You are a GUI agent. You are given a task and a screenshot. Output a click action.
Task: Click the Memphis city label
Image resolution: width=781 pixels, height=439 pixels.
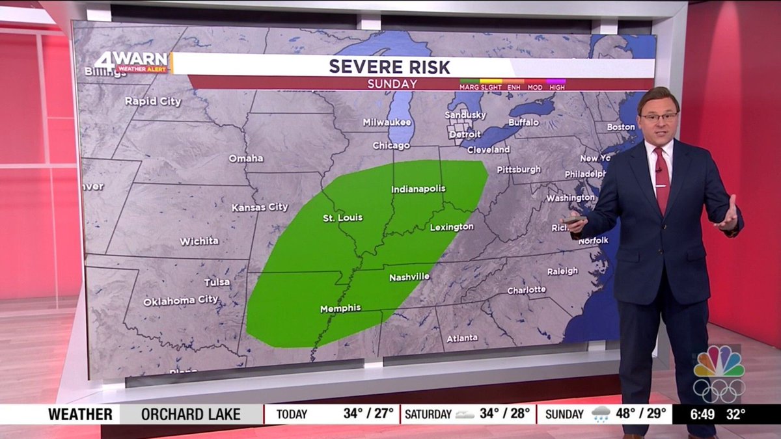tap(340, 308)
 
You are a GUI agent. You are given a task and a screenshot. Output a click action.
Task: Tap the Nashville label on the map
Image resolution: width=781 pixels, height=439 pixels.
tap(409, 277)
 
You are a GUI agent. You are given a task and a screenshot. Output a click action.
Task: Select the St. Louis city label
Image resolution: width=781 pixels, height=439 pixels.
tap(342, 217)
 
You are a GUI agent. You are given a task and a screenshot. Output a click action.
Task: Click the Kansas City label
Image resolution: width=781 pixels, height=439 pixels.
tap(260, 207)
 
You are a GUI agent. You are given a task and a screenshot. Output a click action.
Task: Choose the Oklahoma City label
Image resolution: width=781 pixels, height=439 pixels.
tap(181, 300)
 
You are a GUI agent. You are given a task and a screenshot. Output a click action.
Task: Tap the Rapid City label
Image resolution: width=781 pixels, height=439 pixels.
tap(153, 101)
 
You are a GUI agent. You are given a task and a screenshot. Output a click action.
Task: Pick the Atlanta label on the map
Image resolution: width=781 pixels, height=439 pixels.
tap(462, 338)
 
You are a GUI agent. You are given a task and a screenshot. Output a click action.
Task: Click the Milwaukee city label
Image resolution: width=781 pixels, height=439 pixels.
tap(387, 122)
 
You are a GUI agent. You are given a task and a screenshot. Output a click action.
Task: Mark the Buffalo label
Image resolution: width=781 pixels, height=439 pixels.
tap(524, 122)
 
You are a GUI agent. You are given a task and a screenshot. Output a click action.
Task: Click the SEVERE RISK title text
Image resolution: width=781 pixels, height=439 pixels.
tap(389, 66)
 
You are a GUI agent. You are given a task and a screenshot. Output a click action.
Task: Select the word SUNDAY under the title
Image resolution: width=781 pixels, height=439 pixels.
tap(392, 84)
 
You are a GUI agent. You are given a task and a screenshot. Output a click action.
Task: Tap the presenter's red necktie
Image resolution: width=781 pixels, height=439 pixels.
tap(662, 179)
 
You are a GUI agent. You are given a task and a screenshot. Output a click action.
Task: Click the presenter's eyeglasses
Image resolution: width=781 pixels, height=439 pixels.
tap(659, 117)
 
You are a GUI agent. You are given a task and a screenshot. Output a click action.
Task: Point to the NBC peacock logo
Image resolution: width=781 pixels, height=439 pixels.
tap(719, 363)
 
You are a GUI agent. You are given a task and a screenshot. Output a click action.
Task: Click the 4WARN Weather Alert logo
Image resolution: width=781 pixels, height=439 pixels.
tap(132, 62)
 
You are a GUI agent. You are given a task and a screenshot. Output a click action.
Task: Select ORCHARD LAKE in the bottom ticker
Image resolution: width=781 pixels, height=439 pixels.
tap(191, 414)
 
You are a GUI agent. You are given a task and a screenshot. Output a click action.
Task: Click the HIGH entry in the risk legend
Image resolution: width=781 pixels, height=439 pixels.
tap(557, 86)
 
